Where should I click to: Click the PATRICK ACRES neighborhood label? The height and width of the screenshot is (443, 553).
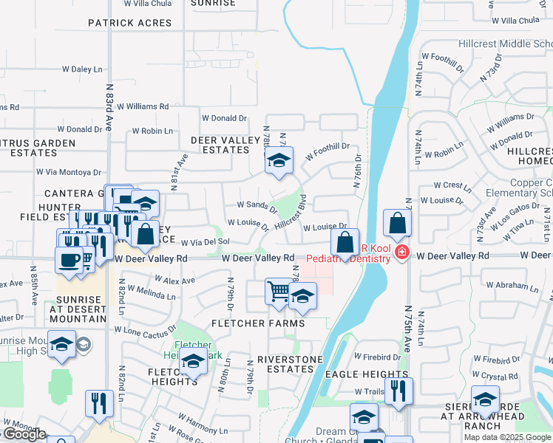point(129,23)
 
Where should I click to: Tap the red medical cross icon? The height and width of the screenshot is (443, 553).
point(401,253)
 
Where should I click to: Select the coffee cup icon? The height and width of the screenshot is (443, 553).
point(69,260)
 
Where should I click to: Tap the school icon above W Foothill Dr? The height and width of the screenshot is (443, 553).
point(277,162)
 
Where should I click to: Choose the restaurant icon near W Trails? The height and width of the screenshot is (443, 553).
point(398,391)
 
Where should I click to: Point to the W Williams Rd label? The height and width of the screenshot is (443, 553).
point(143,106)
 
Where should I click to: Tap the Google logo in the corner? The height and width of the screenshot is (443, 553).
point(24,434)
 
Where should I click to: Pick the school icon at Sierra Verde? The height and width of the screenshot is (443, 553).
point(485,400)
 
